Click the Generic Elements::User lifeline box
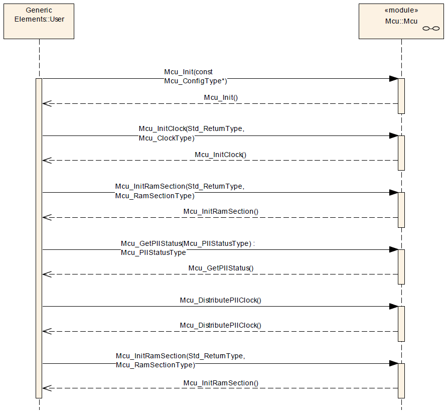pyautogui.click(x=39, y=22)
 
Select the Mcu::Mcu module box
pyautogui.click(x=401, y=22)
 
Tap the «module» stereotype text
pyautogui.click(x=401, y=10)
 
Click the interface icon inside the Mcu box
pyautogui.click(x=431, y=29)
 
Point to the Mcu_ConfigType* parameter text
pyautogui.click(x=196, y=81)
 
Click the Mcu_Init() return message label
pyautogui.click(x=221, y=97)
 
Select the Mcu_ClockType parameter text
pyautogui.click(x=167, y=138)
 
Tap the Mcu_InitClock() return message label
pyautogui.click(x=220, y=155)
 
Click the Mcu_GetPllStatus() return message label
pyautogui.click(x=221, y=268)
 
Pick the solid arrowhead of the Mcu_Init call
pyautogui.click(x=394, y=79)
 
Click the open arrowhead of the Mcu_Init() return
pyautogui.click(x=47, y=103)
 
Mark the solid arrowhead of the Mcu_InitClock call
pyautogui.click(x=394, y=135)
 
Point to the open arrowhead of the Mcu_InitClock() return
pyautogui.click(x=47, y=161)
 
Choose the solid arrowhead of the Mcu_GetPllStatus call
pyautogui.click(x=394, y=250)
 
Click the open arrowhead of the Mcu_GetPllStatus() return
pyautogui.click(x=47, y=274)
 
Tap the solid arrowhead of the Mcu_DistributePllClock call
pyautogui.click(x=394, y=307)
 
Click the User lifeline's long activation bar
pyautogui.click(x=39, y=238)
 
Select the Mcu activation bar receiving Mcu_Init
pyautogui.click(x=401, y=96)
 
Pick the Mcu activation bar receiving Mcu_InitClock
pyautogui.click(x=401, y=153)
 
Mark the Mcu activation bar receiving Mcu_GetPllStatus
pyautogui.click(x=401, y=267)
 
